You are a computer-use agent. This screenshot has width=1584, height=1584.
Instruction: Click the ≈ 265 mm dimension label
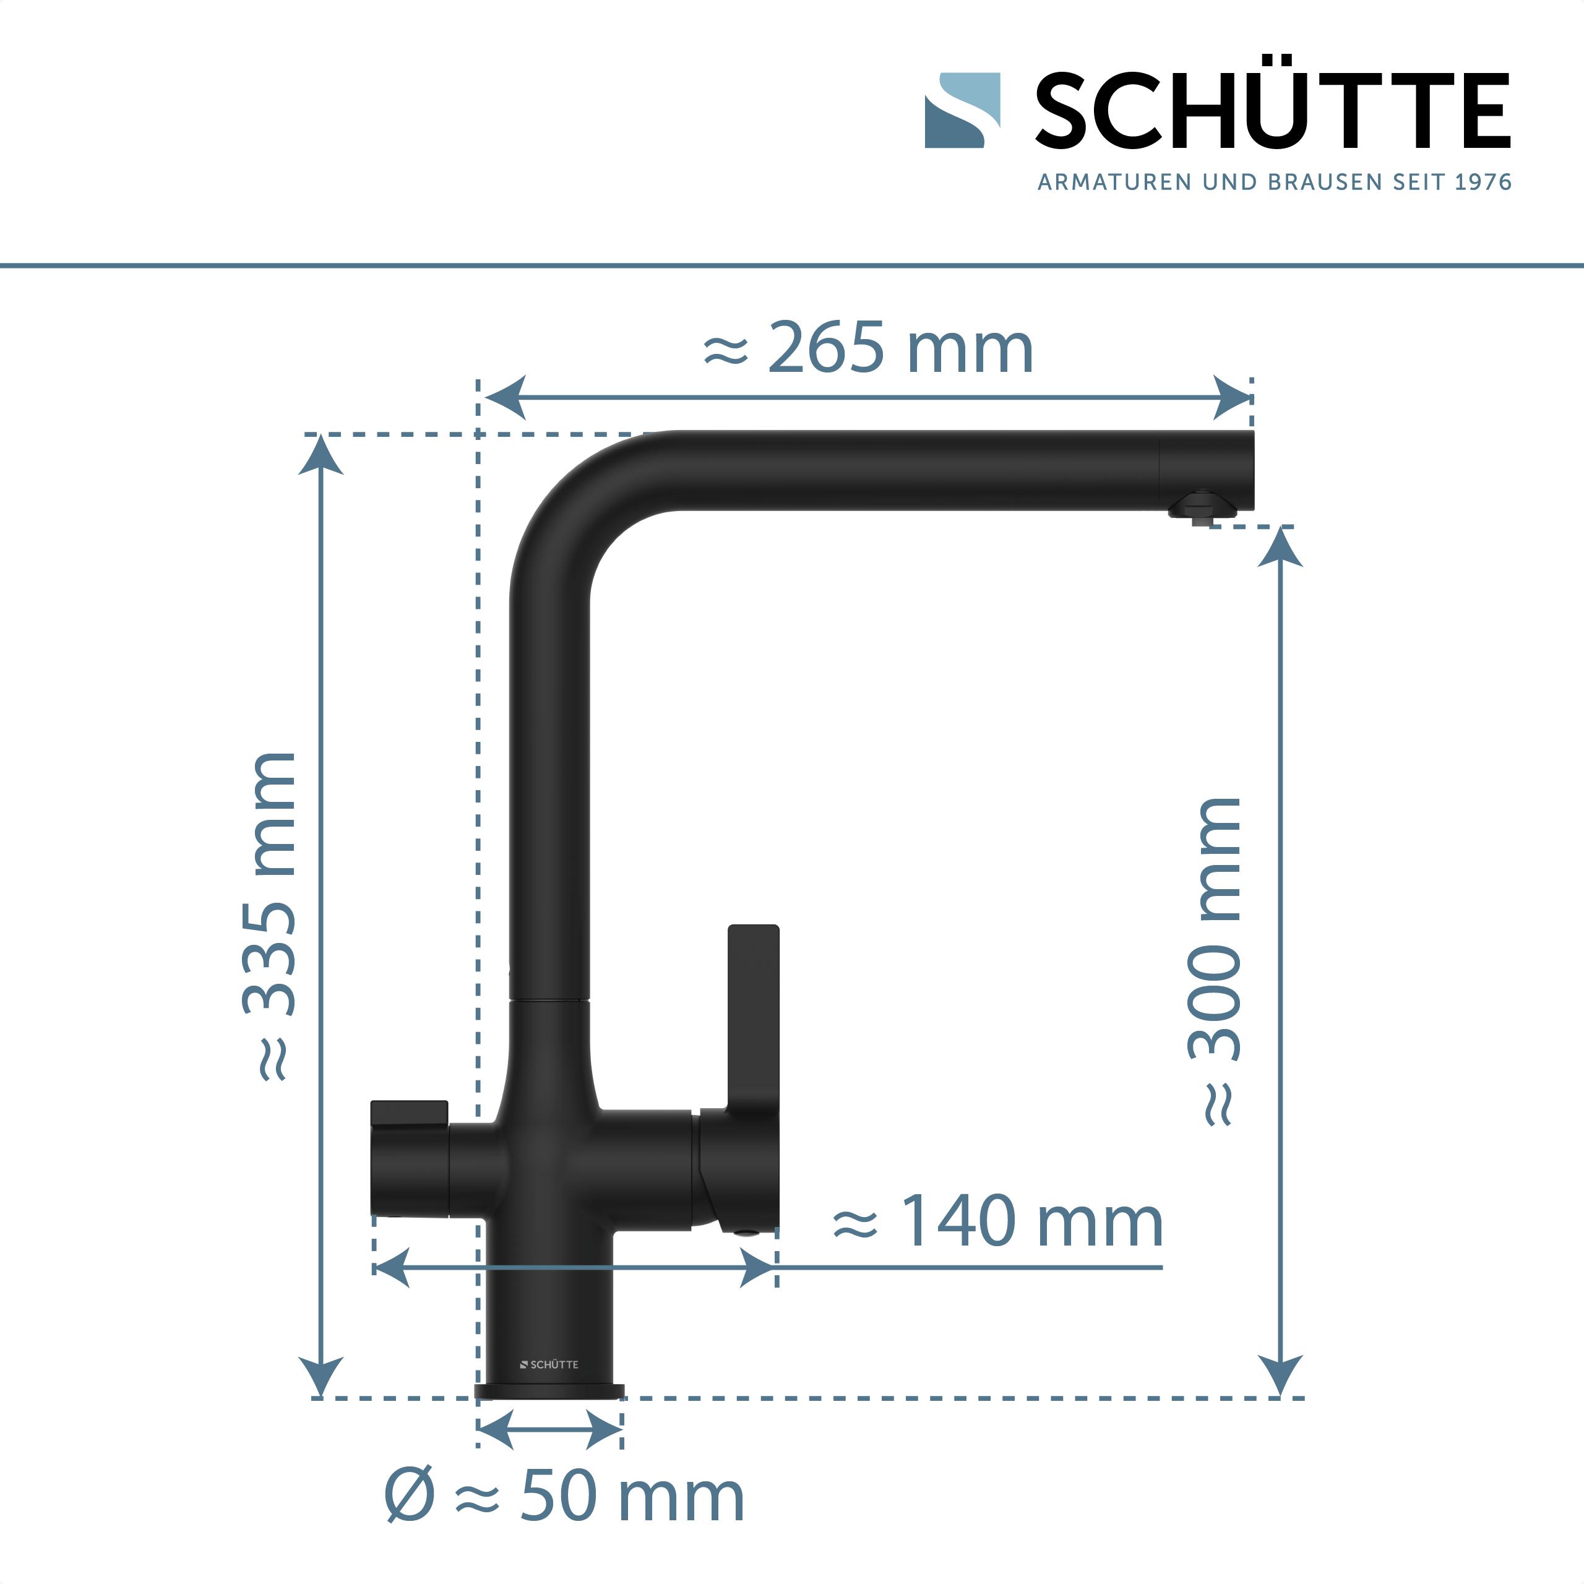point(869,348)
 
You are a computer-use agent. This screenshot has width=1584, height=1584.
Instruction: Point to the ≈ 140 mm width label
point(998,1221)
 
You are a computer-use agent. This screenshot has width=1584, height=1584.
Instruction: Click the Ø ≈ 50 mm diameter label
point(564,1496)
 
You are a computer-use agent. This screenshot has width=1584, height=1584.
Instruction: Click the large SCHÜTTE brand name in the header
point(1272,111)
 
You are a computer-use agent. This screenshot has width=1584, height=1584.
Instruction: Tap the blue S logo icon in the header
point(962,111)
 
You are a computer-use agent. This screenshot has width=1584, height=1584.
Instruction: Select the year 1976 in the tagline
point(1483,182)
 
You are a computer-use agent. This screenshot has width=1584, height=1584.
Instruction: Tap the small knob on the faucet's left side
point(409,1115)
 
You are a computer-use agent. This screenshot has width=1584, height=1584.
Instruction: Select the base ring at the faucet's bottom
point(549,1392)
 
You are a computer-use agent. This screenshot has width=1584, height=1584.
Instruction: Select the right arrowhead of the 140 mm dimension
point(759,1268)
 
